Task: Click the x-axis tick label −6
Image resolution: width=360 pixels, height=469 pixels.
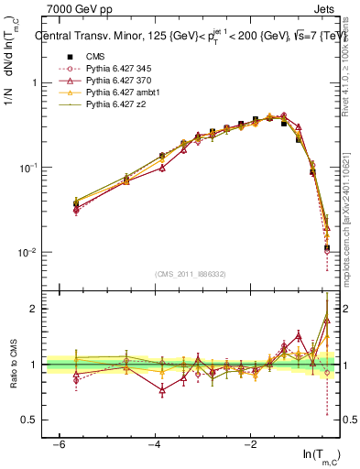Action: point(58,443)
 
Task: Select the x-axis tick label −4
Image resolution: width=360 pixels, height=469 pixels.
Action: point(154,443)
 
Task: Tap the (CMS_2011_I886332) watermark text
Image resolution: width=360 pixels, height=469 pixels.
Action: point(191,274)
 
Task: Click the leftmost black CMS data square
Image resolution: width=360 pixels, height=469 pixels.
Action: point(76,203)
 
